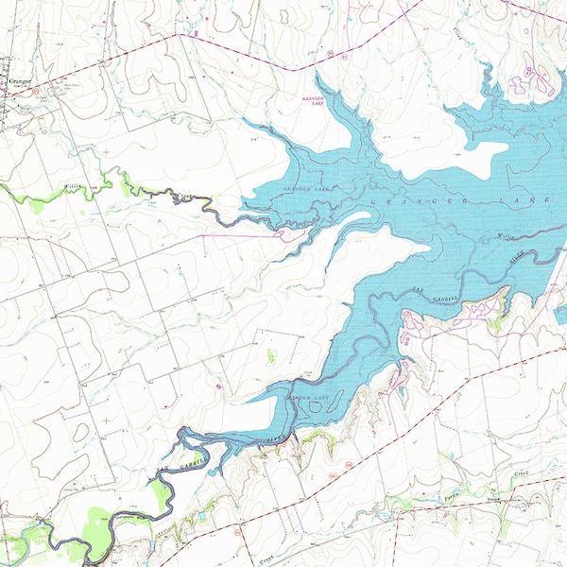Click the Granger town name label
coord(19,81)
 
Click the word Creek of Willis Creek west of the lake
coord(182,197)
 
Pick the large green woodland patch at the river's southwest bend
coord(99,520)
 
